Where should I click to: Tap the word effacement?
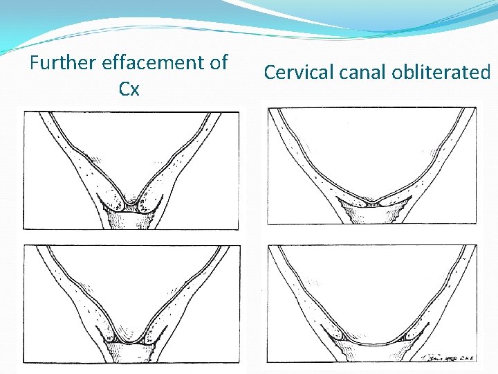(x=154, y=63)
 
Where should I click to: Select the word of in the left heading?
(x=218, y=63)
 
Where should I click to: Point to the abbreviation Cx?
(x=129, y=89)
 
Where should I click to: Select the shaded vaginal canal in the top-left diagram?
(x=131, y=220)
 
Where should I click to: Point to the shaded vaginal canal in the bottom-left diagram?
(x=131, y=353)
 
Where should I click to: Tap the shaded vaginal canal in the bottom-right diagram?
(x=371, y=353)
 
